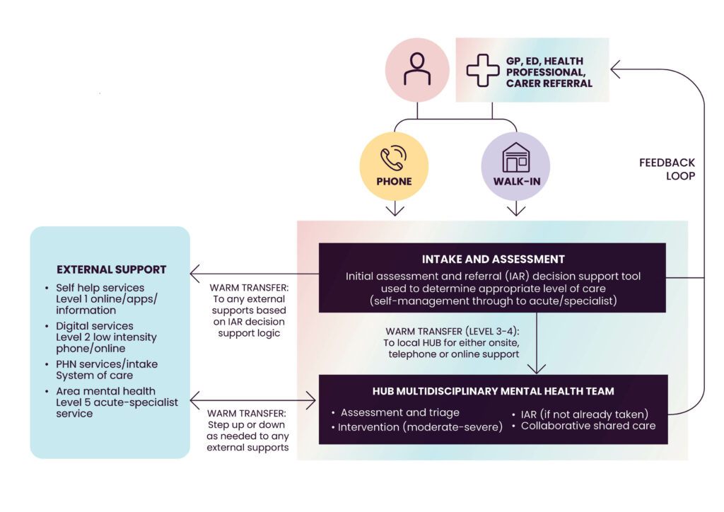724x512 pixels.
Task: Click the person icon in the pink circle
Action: pyautogui.click(x=417, y=69)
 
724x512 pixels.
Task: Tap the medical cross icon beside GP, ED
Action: pyautogui.click(x=483, y=70)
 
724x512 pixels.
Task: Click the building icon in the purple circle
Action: pyautogui.click(x=515, y=157)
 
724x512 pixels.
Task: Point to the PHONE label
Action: pyautogui.click(x=394, y=181)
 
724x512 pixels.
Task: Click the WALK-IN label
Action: pyautogui.click(x=515, y=181)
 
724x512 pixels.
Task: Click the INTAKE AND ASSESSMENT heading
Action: pyautogui.click(x=493, y=259)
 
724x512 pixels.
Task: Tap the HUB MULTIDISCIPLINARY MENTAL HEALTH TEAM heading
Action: pyautogui.click(x=493, y=391)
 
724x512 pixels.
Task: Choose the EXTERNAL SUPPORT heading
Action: pyautogui.click(x=111, y=269)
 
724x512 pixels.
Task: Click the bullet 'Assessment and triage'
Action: pyautogui.click(x=399, y=412)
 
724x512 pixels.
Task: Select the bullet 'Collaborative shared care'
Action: pyautogui.click(x=588, y=426)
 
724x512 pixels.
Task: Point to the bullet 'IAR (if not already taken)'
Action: pyautogui.click(x=584, y=414)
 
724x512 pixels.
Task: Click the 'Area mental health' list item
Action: pyautogui.click(x=105, y=391)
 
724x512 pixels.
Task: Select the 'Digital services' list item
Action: pyautogui.click(x=95, y=326)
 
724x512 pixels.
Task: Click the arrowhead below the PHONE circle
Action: pyautogui.click(x=395, y=210)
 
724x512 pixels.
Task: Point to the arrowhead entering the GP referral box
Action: pyautogui.click(x=616, y=69)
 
